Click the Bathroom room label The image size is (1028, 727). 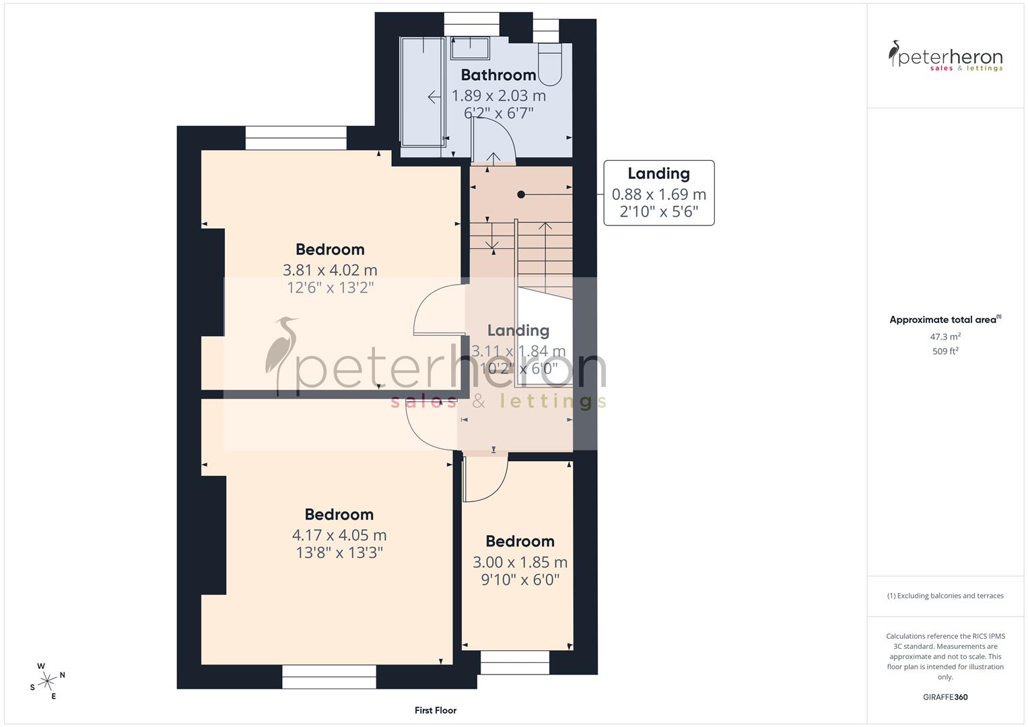498,75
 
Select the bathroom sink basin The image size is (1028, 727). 470,48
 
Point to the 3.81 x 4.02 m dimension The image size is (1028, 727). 330,270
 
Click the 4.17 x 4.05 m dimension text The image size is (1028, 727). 339,535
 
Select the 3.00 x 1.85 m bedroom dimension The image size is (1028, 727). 520,562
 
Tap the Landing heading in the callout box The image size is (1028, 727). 658,174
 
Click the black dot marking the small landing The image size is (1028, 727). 520,195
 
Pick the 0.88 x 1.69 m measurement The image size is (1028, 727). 658,195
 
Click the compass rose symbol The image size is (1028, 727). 47,681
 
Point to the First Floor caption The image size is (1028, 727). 436,710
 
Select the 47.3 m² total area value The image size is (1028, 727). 945,337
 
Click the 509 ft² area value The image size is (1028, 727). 945,351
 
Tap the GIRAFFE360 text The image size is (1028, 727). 945,697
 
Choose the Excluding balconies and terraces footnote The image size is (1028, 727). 945,596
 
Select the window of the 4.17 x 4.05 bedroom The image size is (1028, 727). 329,677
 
